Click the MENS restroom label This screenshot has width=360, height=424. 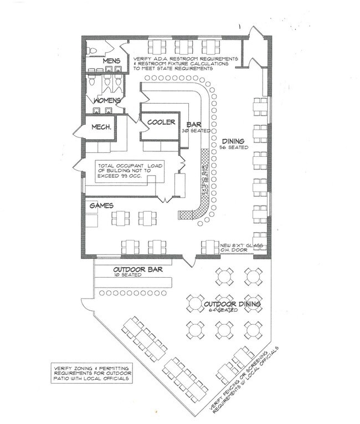click(111, 60)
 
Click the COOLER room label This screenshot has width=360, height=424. click(161, 122)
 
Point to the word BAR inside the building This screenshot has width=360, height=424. click(193, 124)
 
